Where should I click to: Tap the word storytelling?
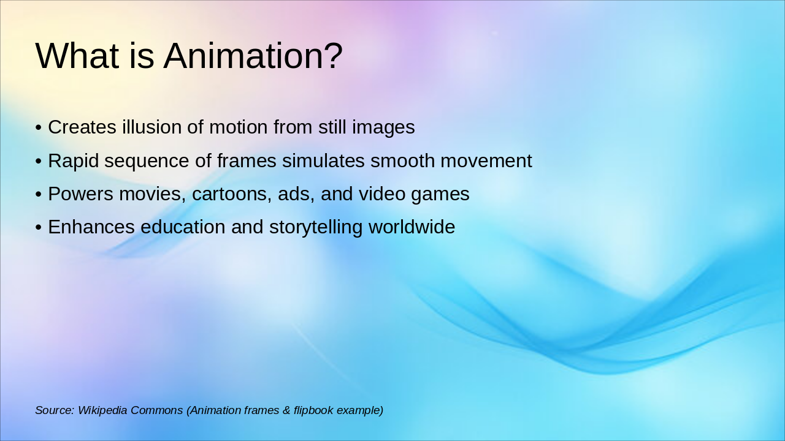coord(316,227)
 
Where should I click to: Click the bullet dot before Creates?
coord(38,128)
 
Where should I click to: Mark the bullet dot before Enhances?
coord(38,228)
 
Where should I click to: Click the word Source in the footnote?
coord(54,410)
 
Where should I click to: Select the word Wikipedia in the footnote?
coord(102,410)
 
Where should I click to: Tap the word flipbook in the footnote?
coord(315,410)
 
